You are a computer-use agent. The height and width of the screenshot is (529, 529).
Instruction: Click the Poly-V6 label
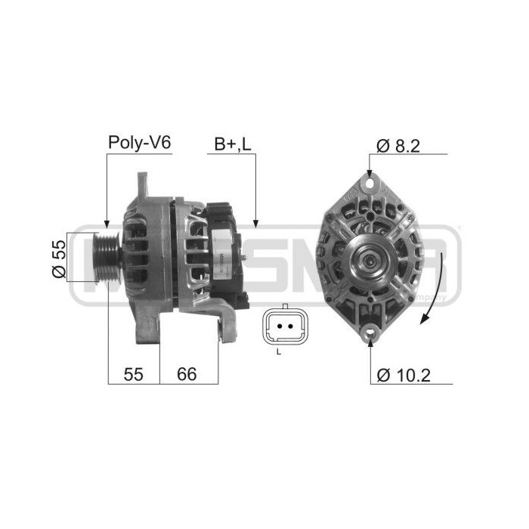coord(140,142)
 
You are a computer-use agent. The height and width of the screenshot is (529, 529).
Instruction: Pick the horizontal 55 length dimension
coord(133,373)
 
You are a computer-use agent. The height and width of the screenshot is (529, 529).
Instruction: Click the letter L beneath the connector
coord(279,353)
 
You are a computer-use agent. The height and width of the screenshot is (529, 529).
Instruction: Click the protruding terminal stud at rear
coord(248,261)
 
